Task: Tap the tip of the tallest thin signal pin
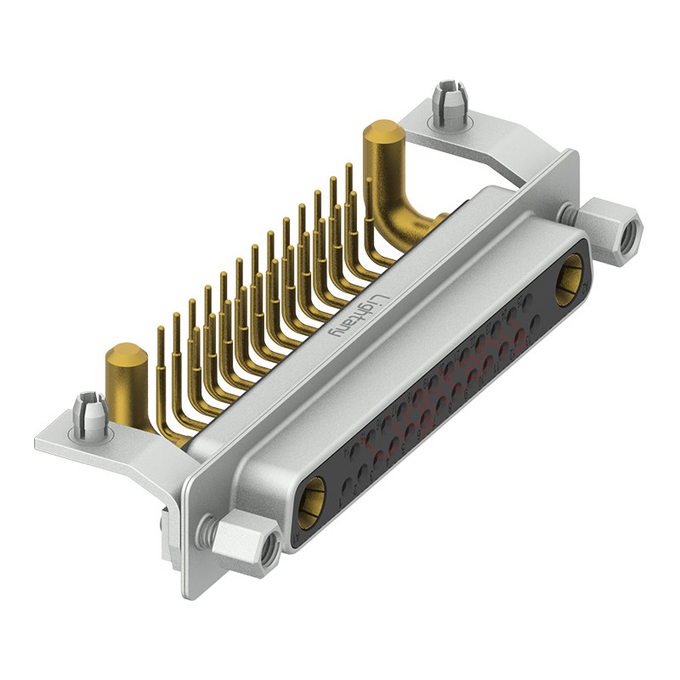click(x=348, y=168)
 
